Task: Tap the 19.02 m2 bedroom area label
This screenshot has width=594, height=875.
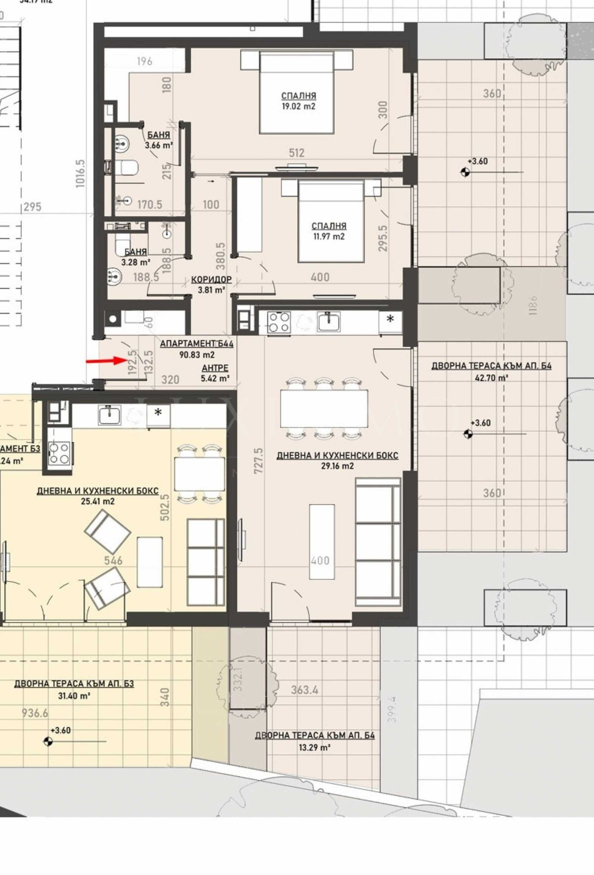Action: click(x=298, y=106)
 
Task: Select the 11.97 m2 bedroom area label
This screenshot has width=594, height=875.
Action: click(x=329, y=236)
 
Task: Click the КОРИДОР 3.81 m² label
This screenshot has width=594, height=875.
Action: click(x=211, y=285)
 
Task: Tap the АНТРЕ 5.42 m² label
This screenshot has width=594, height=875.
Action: click(x=215, y=373)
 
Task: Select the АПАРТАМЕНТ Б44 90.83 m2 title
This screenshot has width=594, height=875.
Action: click(x=197, y=349)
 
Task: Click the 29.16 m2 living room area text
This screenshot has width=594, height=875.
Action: click(x=337, y=466)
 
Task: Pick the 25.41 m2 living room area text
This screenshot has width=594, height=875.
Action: click(x=98, y=501)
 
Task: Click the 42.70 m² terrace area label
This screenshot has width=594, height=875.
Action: click(x=491, y=378)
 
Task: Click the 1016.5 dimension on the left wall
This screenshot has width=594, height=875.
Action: click(x=81, y=173)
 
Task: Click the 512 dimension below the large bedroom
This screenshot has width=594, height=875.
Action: click(x=297, y=153)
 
